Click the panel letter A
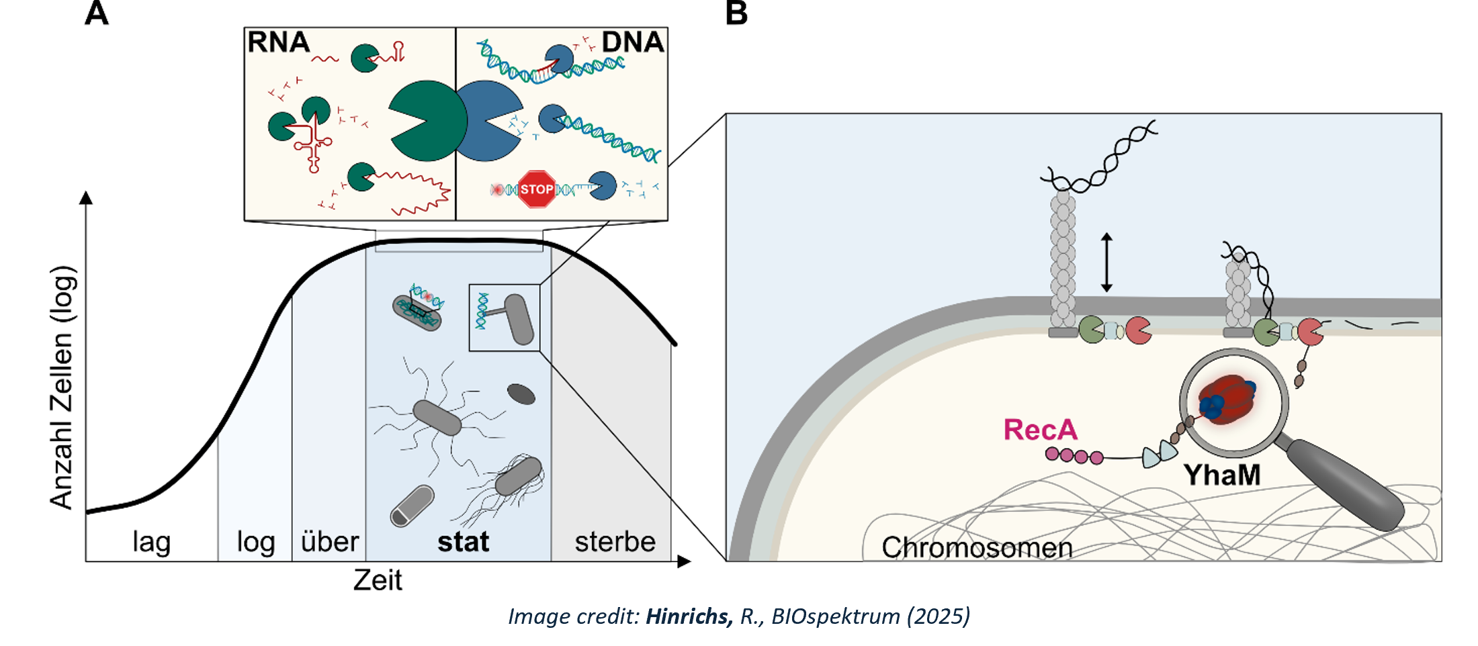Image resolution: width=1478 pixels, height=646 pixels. [97, 13]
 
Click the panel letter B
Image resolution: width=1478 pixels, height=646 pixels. [736, 13]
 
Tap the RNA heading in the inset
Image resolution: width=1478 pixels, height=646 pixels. [278, 42]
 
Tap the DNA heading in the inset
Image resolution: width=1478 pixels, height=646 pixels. [632, 42]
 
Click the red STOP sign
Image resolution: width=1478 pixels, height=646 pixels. [537, 189]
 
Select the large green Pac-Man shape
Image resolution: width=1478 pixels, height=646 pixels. [425, 121]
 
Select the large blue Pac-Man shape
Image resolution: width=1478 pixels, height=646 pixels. [487, 121]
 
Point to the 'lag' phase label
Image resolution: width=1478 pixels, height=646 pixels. [152, 542]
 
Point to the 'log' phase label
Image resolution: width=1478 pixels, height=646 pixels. [256, 542]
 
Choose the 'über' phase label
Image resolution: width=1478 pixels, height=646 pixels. [330, 542]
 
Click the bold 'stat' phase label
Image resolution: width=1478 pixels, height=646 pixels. [463, 542]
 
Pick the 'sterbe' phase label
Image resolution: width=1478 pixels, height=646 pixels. [615, 542]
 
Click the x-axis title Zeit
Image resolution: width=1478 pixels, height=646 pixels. [378, 580]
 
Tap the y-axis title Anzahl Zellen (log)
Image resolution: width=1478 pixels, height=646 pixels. [62, 387]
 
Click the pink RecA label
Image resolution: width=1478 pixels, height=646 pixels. [1040, 430]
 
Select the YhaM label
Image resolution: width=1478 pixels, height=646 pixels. [1222, 475]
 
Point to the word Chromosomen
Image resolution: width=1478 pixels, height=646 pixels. [977, 548]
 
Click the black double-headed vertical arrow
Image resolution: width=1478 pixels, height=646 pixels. [1106, 263]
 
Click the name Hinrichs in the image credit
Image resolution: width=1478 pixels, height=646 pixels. [689, 616]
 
